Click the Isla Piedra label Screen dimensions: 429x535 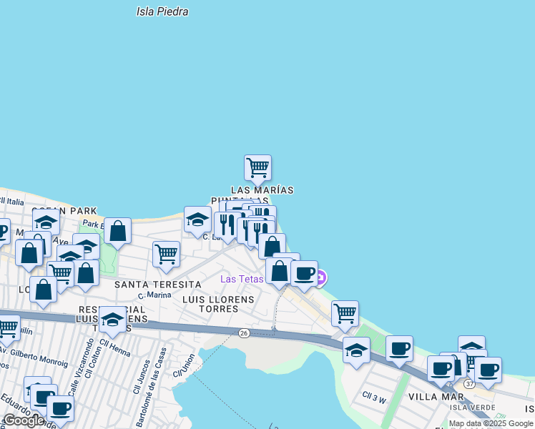[x=162, y=11]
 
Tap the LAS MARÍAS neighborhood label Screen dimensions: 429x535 [x=262, y=190]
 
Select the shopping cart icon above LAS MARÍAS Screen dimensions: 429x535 [x=257, y=168]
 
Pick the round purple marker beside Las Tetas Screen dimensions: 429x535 [x=321, y=277]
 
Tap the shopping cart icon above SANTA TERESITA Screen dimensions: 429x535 [x=166, y=254]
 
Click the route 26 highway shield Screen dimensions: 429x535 [x=243, y=333]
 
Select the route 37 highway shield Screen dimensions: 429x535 [x=469, y=384]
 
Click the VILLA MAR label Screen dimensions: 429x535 [x=432, y=396]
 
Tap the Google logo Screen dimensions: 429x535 [x=24, y=421]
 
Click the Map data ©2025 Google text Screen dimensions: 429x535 [x=491, y=424]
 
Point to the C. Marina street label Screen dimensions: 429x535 [x=156, y=295]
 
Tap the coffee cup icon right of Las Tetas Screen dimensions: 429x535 [x=304, y=274]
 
